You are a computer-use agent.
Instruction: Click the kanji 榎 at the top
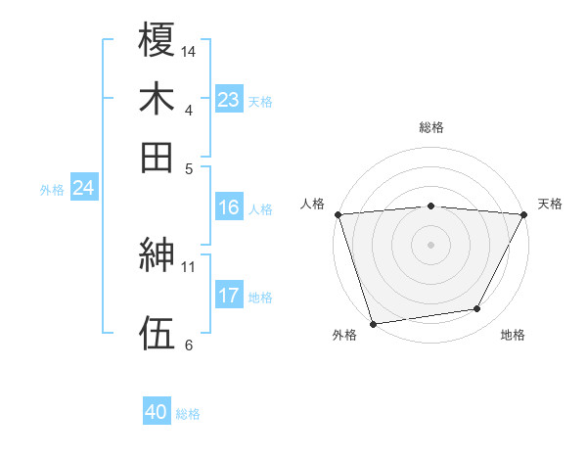pos(157,40)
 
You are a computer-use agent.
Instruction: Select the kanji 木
pos(157,99)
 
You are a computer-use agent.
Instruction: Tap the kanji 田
pos(157,157)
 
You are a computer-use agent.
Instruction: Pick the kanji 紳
pos(157,256)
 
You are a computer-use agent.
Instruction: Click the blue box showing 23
pos(229,100)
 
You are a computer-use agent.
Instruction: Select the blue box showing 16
pos(229,207)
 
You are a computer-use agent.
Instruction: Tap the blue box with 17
pos(229,296)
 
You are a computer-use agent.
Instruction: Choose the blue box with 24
pos(83,188)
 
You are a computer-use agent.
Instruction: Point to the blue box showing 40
pos(157,413)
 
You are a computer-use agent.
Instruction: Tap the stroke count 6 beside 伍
pos(188,344)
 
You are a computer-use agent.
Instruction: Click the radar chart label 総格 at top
pos(431,127)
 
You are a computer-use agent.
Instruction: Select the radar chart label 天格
pos(551,204)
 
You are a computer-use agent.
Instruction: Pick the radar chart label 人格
pos(313,204)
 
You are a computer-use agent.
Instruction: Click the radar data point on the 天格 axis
pos(525,214)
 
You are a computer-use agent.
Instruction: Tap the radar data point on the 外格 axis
pos(373,324)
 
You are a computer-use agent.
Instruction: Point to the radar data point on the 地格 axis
pos(477,309)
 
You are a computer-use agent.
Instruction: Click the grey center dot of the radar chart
pos(431,244)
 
